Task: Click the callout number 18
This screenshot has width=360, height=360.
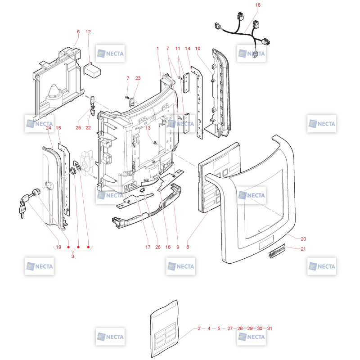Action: pos(258,5)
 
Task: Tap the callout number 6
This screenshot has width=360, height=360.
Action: pos(78,31)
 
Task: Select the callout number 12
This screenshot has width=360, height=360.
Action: pos(88,31)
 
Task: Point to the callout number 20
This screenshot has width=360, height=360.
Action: pos(303,239)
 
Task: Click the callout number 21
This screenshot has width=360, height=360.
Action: pos(303,249)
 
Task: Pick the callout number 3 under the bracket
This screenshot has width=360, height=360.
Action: pos(73,256)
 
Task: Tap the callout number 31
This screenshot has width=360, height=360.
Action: pos(270,328)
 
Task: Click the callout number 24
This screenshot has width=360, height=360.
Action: pos(49,128)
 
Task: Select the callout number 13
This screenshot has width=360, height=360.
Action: pos(148,128)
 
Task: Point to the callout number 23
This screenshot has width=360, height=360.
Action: pos(138,78)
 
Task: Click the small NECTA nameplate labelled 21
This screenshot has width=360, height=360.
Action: pos(277,251)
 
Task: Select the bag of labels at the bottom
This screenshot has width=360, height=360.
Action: pos(164,329)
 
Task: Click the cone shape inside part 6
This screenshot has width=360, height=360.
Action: pos(55,96)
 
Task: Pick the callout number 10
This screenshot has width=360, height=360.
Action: pos(198,49)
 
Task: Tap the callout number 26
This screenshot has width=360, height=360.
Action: pos(158,247)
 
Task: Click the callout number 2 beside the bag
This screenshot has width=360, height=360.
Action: pos(199,328)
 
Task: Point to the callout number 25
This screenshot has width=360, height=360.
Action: pos(78,128)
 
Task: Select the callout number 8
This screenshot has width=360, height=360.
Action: pos(188,247)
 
